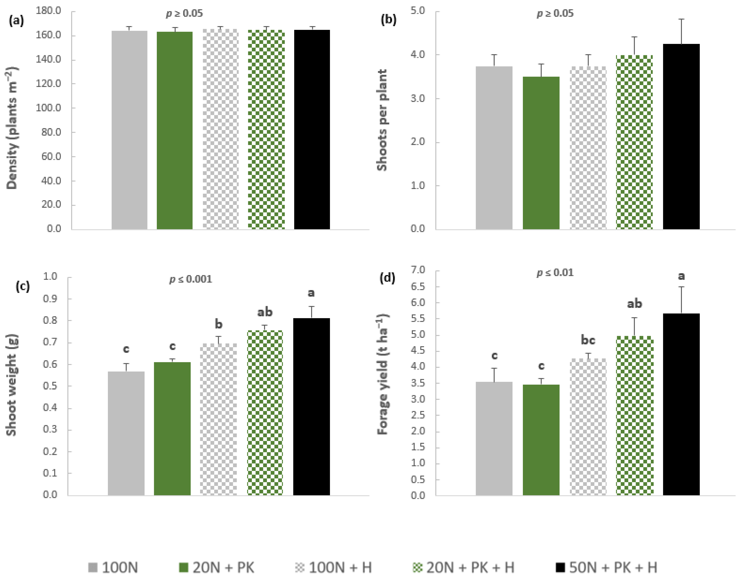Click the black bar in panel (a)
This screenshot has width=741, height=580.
312,129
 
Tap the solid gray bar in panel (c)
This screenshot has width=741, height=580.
126,433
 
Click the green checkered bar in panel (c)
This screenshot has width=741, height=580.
265,413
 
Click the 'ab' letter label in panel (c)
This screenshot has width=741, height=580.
265,312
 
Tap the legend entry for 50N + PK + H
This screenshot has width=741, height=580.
606,567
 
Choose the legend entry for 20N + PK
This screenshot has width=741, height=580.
216,567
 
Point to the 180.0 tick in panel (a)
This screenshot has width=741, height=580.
49,11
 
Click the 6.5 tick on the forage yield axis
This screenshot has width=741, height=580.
418,287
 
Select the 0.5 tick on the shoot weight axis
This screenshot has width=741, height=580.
50,386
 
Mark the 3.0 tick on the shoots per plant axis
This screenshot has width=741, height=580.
418,98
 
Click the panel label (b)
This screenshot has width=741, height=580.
388,20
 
